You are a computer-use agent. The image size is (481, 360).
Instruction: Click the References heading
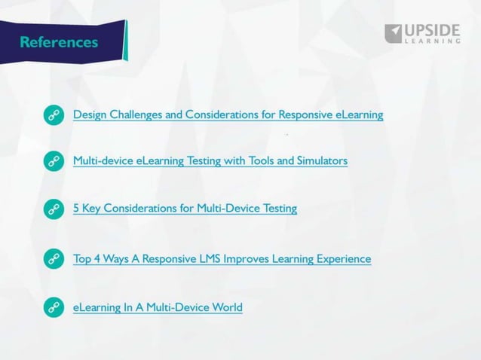click(59, 41)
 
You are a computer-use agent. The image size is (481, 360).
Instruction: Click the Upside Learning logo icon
click(394, 33)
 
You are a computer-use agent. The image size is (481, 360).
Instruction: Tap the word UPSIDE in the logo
click(433, 30)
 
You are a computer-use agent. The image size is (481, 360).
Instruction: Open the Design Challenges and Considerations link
click(228, 115)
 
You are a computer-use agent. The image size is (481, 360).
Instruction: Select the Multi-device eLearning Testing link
click(210, 161)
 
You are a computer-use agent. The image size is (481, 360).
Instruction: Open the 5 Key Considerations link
click(185, 209)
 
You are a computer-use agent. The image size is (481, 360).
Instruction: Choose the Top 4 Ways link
click(222, 259)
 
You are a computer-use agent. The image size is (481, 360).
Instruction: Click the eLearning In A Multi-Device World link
click(158, 307)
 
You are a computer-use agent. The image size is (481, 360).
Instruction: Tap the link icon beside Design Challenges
click(54, 115)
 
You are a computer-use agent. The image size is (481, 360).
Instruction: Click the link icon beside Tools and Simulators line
click(54, 161)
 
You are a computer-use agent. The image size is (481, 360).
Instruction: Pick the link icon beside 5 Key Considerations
click(54, 209)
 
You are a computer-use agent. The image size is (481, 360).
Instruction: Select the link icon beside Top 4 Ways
click(54, 259)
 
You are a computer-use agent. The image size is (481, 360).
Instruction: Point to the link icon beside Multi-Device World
click(54, 307)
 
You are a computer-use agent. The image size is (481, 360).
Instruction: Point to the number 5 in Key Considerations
click(76, 209)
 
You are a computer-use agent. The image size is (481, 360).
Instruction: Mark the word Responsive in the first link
click(304, 115)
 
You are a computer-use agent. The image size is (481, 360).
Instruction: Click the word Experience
click(344, 259)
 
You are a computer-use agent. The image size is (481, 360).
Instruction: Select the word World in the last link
click(227, 307)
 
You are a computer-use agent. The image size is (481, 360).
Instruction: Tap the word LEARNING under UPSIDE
click(433, 42)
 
